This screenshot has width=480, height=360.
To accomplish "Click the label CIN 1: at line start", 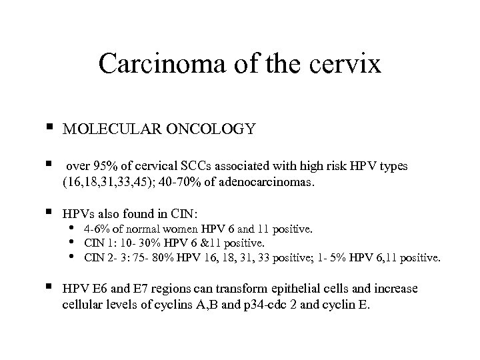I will [97, 244].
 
